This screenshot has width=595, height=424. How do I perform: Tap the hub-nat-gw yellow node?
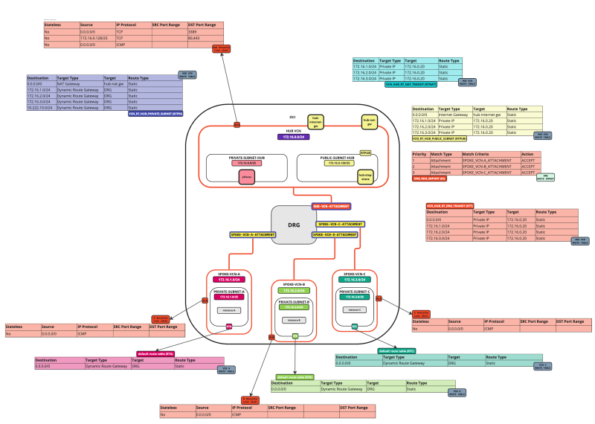[x=368, y=120]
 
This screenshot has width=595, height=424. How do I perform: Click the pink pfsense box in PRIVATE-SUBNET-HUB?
[x=246, y=177]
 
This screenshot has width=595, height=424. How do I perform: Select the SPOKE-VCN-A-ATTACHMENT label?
[x=252, y=234]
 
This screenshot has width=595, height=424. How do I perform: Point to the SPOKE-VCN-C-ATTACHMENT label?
[x=340, y=223]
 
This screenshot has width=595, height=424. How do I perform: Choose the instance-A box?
[x=229, y=309]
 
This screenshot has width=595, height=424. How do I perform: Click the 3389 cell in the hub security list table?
[x=205, y=32]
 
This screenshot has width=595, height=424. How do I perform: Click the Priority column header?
[x=421, y=154]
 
